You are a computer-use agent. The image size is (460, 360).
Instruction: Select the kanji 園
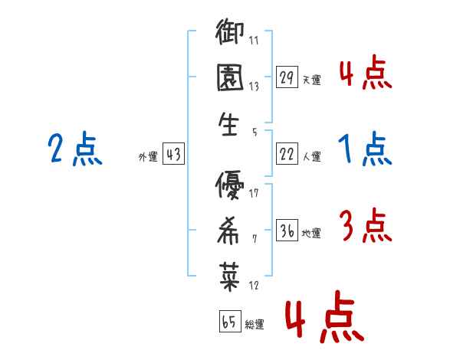click(x=229, y=79)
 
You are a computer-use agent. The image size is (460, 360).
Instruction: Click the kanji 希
click(x=229, y=229)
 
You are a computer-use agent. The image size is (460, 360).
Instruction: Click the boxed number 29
click(x=287, y=77)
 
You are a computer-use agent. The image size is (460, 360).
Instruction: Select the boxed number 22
click(x=287, y=154)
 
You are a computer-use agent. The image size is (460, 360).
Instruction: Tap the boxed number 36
click(x=287, y=229)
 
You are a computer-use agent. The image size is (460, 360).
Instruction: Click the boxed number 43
click(x=172, y=154)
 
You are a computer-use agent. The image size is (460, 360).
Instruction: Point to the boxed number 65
click(x=228, y=322)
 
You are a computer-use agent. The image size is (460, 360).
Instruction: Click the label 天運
click(x=312, y=80)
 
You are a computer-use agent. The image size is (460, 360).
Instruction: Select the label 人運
click(x=312, y=156)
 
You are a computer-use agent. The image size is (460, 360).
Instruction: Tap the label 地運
click(x=312, y=232)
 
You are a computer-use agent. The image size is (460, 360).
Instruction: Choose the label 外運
click(x=147, y=156)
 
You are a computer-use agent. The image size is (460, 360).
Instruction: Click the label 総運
click(x=255, y=325)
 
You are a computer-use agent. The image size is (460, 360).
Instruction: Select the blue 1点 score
click(x=365, y=149)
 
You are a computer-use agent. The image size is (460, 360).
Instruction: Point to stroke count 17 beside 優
click(x=254, y=191)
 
